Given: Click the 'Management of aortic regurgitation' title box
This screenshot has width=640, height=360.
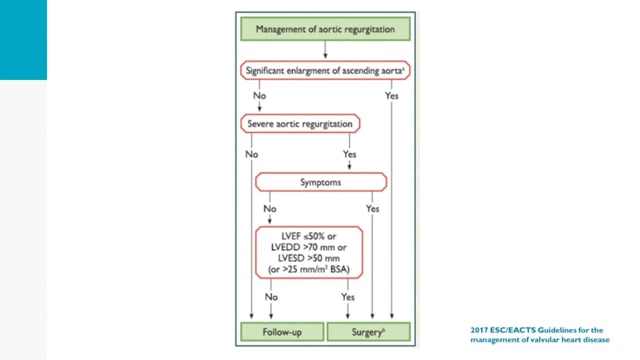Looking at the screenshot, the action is click(x=325, y=29).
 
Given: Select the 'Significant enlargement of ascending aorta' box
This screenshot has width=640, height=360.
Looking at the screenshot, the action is click(x=325, y=71).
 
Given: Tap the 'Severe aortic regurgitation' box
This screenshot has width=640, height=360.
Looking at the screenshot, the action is click(x=300, y=124).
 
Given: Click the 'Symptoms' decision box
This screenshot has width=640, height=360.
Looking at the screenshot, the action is click(x=321, y=182).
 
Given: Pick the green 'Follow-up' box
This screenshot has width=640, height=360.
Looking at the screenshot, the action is click(x=282, y=332).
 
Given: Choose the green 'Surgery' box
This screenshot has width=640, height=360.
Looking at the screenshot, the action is click(x=369, y=332).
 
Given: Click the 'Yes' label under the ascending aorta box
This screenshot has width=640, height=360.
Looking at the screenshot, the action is click(x=391, y=96).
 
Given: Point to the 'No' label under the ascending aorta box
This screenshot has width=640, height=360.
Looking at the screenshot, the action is click(x=260, y=96).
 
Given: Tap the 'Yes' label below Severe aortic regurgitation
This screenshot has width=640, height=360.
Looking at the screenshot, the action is click(x=349, y=154).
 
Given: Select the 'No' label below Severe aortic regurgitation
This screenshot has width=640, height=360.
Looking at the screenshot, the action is click(x=251, y=154).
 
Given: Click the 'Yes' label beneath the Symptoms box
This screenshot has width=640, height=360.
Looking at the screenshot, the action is click(x=372, y=209).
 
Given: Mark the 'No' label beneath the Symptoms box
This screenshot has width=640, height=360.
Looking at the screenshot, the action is click(x=270, y=209).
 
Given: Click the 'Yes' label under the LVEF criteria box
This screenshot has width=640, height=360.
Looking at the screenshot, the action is click(x=348, y=297).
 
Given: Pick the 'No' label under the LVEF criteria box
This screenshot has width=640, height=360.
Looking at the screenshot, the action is click(x=271, y=297).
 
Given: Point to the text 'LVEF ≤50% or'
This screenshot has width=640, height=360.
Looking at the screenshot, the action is click(x=309, y=236).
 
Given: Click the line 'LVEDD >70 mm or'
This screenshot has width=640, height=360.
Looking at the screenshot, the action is click(x=309, y=247).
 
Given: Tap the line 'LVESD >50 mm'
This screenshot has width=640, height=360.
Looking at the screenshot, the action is click(x=309, y=258).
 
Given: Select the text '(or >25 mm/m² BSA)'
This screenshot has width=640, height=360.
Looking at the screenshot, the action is click(x=309, y=269).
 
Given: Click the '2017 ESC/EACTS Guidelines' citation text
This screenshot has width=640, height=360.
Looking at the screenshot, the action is click(x=540, y=335).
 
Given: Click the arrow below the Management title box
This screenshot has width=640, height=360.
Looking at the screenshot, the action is click(x=325, y=50).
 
